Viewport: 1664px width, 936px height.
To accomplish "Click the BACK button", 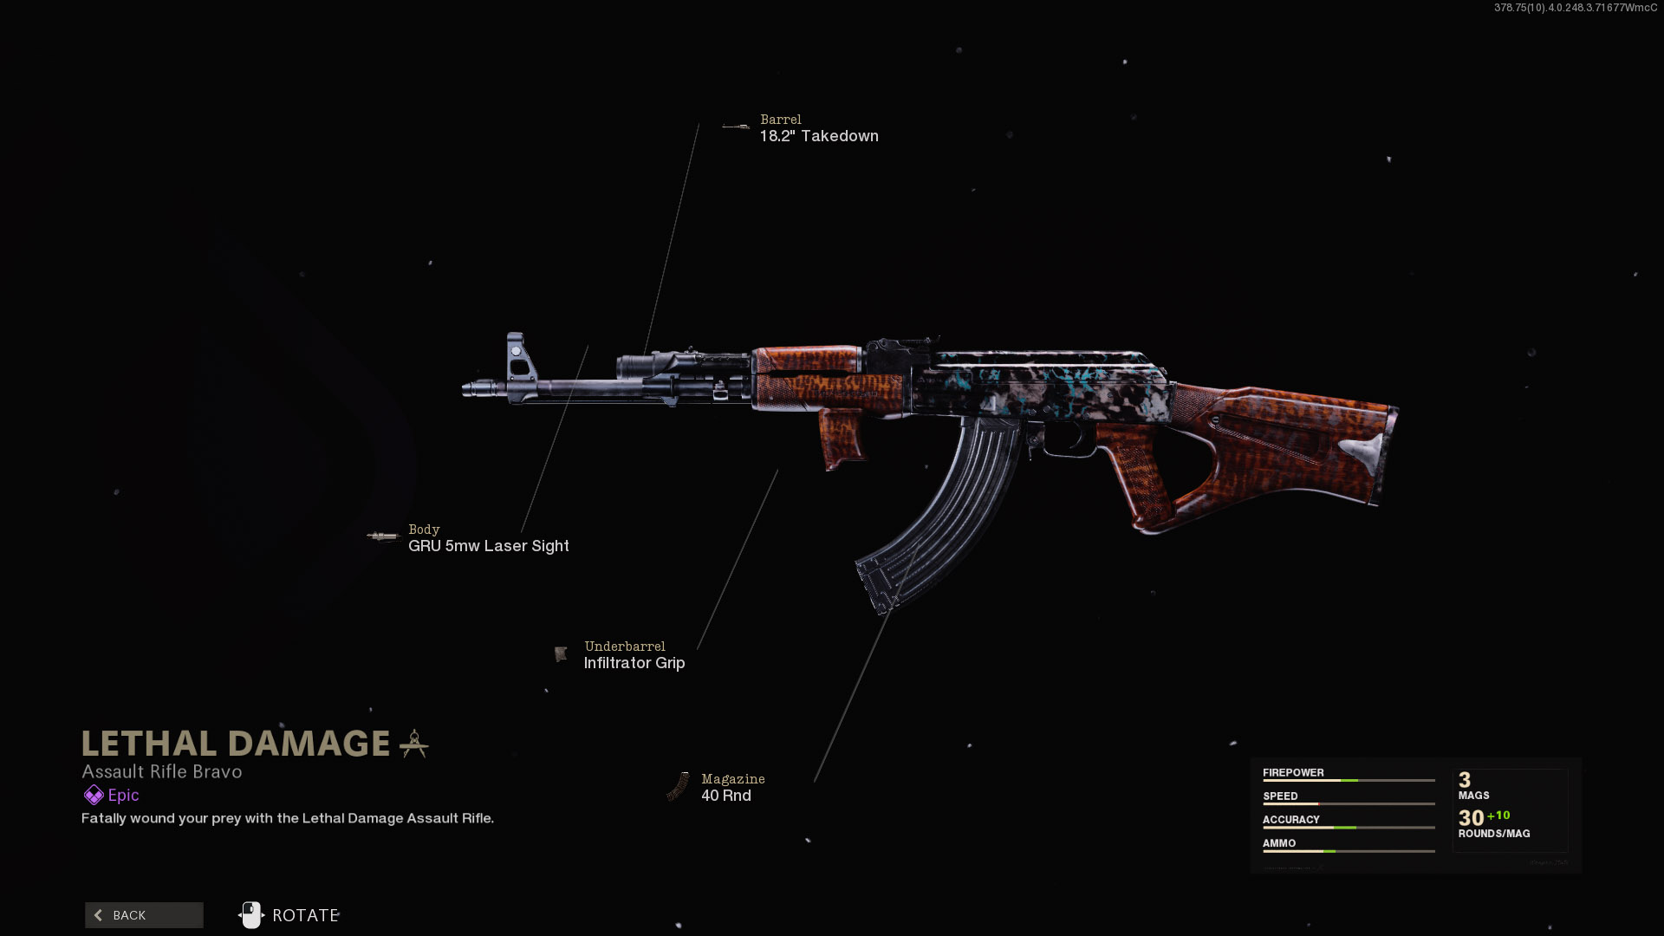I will click(144, 915).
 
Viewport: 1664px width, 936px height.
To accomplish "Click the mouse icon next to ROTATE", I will click(250, 914).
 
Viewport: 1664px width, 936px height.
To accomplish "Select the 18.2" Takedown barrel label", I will click(819, 136).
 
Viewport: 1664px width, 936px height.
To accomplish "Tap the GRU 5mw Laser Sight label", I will click(488, 546).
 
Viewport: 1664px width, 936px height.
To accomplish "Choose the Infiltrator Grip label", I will click(634, 663).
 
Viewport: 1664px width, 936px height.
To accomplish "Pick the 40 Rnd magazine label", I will click(725, 796).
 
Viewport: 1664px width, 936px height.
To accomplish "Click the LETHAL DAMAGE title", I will click(236, 744).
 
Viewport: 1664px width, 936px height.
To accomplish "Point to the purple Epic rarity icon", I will click(94, 795).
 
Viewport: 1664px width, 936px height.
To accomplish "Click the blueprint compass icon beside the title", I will click(414, 744).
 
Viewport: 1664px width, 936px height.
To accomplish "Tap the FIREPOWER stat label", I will click(1293, 772).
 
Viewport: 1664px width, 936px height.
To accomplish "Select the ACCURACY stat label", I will click(1290, 819).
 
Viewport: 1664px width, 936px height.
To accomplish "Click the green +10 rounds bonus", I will click(1498, 816).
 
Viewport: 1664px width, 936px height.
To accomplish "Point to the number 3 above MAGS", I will click(1465, 780).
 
